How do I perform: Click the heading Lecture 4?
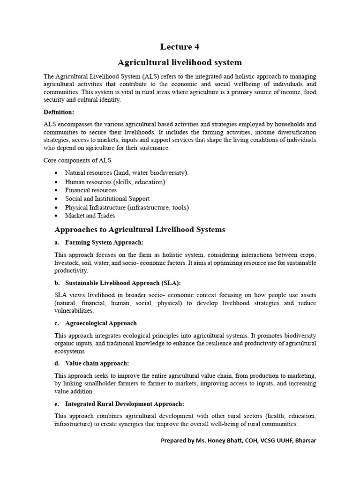click(x=180, y=46)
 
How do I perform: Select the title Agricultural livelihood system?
click(x=180, y=62)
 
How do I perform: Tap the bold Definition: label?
click(x=59, y=112)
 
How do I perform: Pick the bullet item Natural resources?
click(x=127, y=172)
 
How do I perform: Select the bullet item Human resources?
click(x=115, y=181)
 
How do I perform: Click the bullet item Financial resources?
click(x=91, y=190)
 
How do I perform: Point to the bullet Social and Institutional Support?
click(x=107, y=199)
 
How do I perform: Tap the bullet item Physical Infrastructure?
click(x=127, y=207)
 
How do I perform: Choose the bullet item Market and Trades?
click(x=90, y=216)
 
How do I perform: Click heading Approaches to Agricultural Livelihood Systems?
click(x=140, y=230)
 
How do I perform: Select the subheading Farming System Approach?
click(x=104, y=242)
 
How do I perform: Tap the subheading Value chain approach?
click(x=97, y=363)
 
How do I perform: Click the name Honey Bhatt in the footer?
click(x=219, y=441)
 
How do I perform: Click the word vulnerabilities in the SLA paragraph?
click(x=74, y=310)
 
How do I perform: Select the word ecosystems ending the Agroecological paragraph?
click(x=69, y=351)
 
